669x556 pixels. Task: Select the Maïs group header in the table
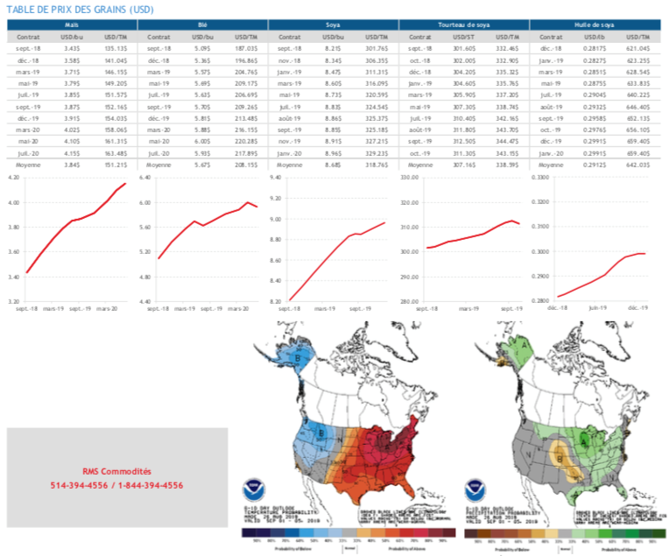(x=72, y=26)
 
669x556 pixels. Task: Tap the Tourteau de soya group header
(x=463, y=26)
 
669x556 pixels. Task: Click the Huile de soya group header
(x=595, y=26)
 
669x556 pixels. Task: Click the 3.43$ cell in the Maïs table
(x=71, y=51)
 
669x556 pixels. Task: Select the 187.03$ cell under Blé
(x=246, y=51)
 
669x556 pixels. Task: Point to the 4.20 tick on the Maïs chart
(x=14, y=178)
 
